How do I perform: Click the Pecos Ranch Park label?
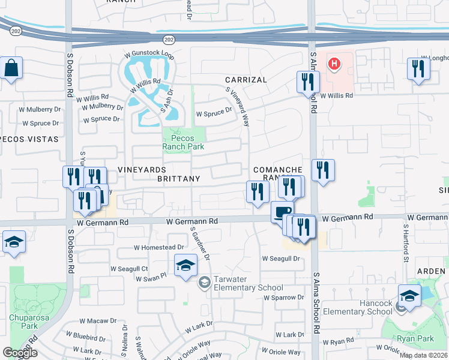[184, 142]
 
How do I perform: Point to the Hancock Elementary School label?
[358, 307]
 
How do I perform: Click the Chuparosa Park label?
[23, 322]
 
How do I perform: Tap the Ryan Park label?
[416, 338]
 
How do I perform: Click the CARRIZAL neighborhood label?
[246, 80]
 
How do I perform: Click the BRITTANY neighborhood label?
[178, 179]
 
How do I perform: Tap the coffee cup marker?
[282, 211]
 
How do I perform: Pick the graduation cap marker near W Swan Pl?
[186, 265]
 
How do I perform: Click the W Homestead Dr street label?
[159, 247]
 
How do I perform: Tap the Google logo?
[20, 353]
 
